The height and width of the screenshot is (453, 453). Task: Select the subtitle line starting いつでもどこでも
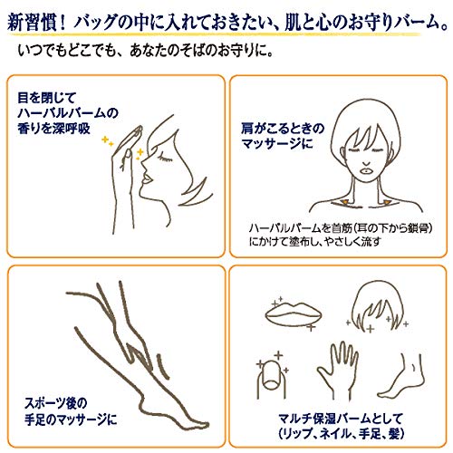146,51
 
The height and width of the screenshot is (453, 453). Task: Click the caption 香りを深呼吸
53,129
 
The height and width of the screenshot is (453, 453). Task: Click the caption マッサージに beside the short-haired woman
277,144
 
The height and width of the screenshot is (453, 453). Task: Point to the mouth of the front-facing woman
367,170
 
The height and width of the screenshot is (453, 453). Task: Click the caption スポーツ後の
55,403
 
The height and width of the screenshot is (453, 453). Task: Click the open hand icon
339,371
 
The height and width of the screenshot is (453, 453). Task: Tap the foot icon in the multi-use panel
401,378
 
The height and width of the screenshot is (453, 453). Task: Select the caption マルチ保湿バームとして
341,419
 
